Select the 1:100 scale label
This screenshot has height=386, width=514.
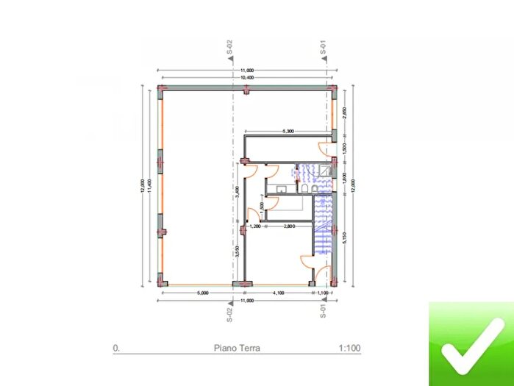click(x=349, y=350)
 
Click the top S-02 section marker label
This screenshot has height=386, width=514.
click(x=230, y=48)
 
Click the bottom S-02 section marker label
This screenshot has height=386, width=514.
click(x=230, y=315)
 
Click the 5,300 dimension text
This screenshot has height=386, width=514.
click(x=288, y=132)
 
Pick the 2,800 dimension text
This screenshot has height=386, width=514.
click(x=290, y=227)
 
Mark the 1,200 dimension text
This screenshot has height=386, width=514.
click(x=256, y=227)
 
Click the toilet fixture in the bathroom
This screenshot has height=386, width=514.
click(x=304, y=190)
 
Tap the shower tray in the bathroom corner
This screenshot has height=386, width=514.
click(x=324, y=171)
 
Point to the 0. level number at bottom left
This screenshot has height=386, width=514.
click(x=115, y=350)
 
